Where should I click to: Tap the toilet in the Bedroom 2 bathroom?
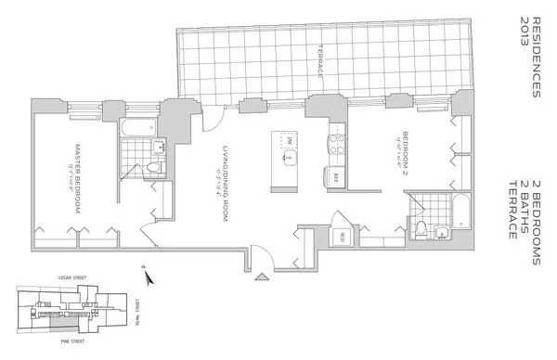point(421,231)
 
